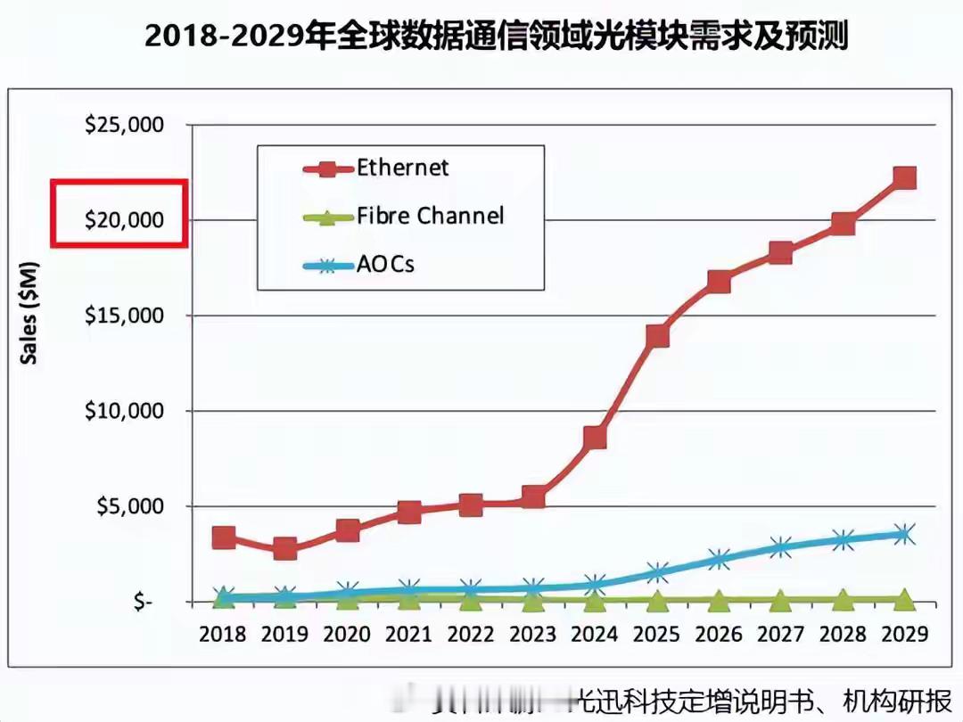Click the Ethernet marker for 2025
[658, 336]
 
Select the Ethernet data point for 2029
[905, 178]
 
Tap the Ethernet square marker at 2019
[285, 548]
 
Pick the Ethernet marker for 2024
[596, 438]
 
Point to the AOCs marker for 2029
[905, 534]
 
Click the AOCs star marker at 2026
[719, 560]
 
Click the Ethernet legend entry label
[402, 167]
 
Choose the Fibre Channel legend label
[430, 216]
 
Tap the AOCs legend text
[385, 264]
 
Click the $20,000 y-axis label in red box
[125, 219]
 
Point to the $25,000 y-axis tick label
[125, 125]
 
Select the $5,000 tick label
[130, 506]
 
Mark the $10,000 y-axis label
[125, 411]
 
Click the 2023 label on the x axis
[533, 634]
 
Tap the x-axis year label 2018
[224, 634]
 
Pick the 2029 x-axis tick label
[904, 634]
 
